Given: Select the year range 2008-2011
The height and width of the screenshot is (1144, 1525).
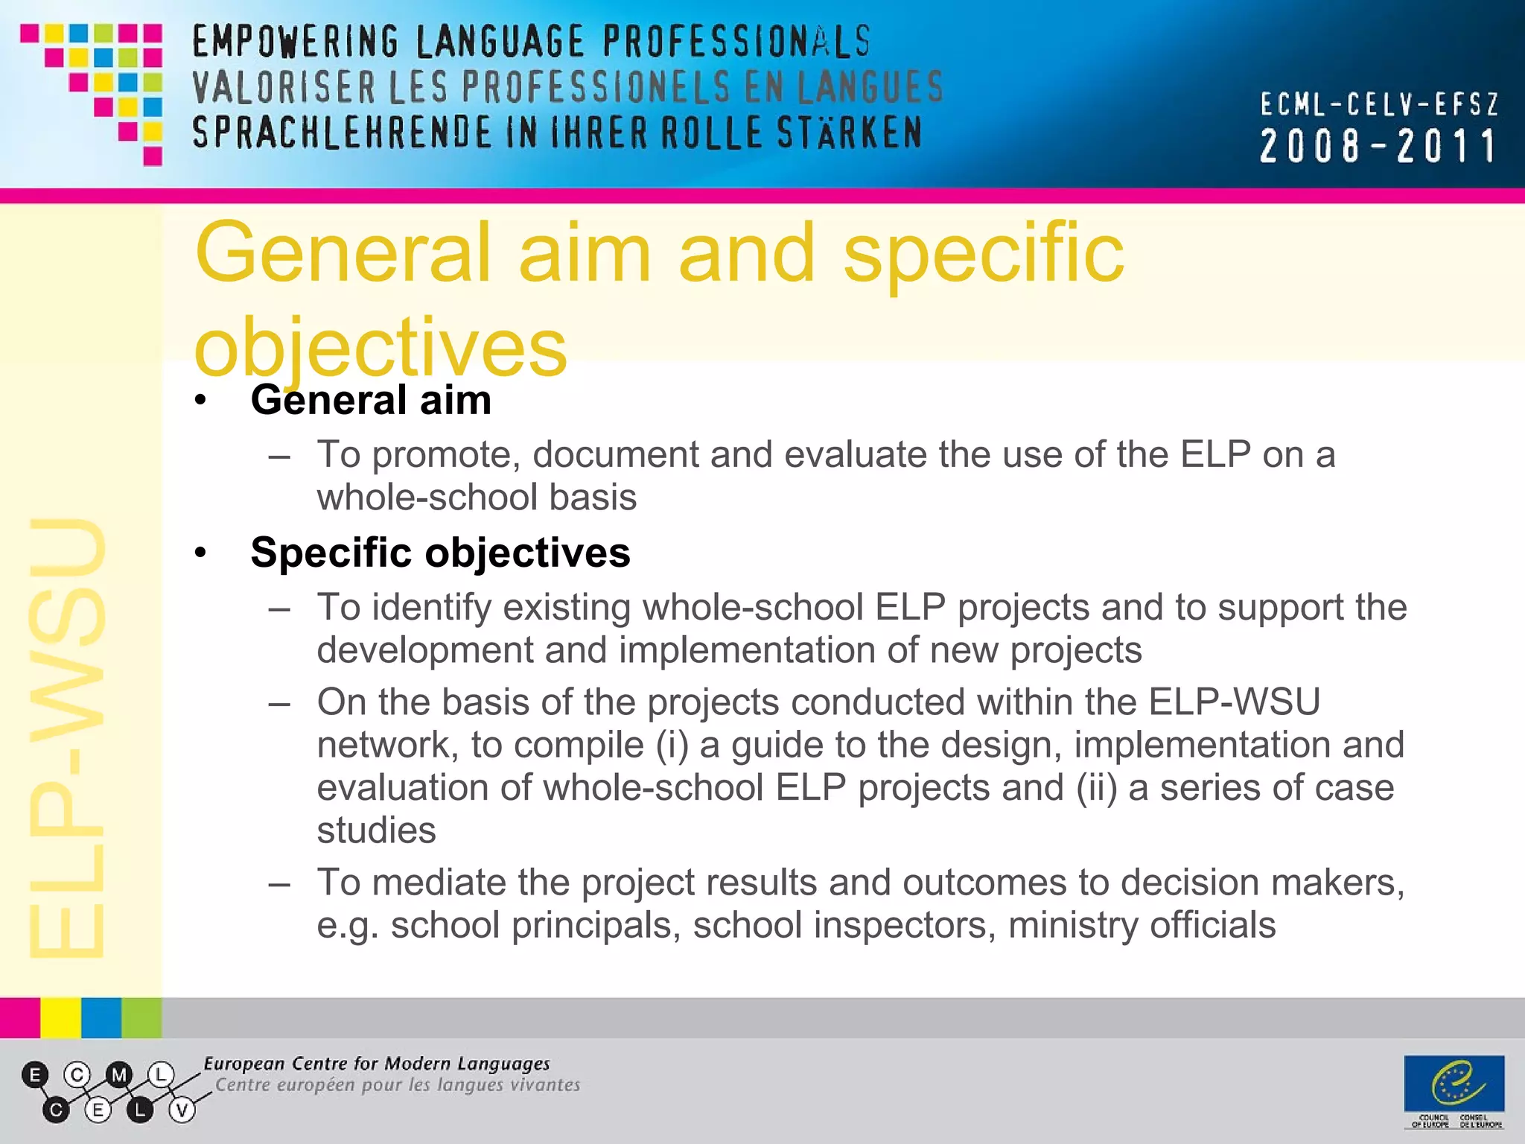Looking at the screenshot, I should (1378, 146).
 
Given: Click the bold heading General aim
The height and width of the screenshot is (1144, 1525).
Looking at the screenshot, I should (371, 400).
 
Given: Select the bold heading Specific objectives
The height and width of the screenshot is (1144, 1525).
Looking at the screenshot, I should (440, 553).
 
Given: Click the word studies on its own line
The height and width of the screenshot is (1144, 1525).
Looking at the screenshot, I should (376, 830).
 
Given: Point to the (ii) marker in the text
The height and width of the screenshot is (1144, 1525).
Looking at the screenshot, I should (1096, 788).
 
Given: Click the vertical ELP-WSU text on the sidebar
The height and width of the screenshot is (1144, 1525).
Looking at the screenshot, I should (67, 737).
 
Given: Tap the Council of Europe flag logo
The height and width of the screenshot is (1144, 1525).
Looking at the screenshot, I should (1454, 1084).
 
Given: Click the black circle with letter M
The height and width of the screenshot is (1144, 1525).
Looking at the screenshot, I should (118, 1075).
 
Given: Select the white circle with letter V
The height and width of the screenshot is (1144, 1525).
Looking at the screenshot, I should (182, 1110).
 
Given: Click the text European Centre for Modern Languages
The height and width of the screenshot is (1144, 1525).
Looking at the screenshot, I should (377, 1064).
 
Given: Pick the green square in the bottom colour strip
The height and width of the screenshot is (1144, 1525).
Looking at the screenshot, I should (141, 1017).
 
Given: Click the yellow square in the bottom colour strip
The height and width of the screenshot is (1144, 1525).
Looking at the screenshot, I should (60, 1017).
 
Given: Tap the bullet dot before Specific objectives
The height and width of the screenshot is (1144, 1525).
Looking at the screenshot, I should (200, 553).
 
